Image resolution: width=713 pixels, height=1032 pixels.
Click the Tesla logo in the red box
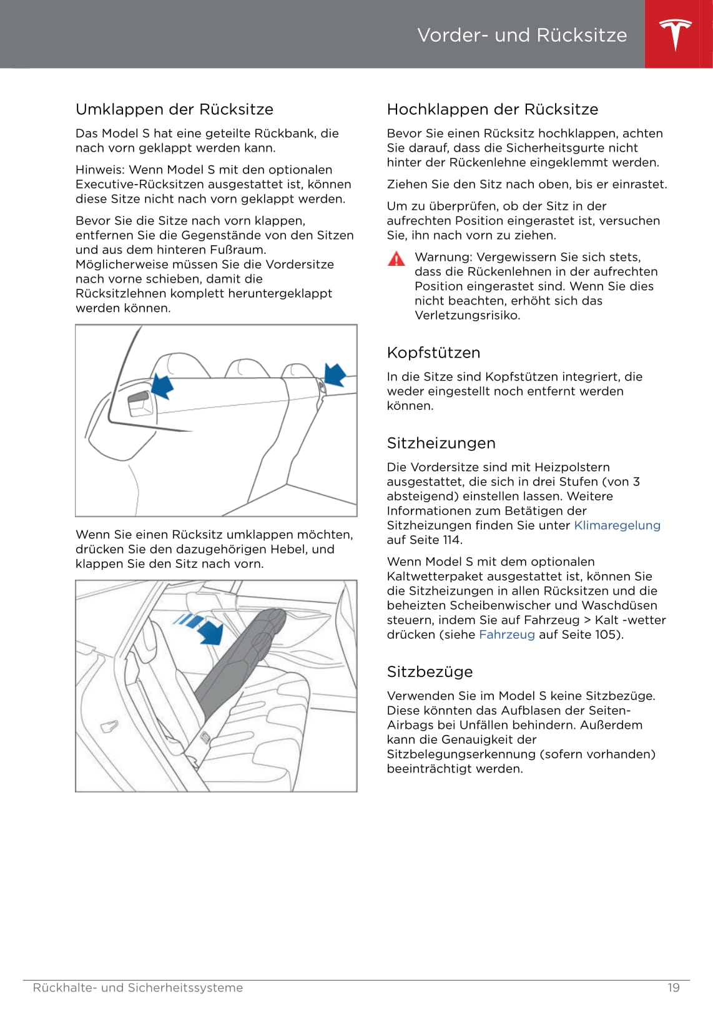click(x=676, y=34)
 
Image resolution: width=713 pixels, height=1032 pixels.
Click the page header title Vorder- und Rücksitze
click(x=522, y=35)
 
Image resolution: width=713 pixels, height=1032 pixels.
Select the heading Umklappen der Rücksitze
click(x=174, y=109)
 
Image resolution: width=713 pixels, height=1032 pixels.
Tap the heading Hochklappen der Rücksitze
click(x=492, y=109)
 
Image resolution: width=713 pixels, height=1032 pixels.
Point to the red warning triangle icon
click(x=396, y=258)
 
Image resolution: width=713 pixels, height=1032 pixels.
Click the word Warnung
click(x=442, y=257)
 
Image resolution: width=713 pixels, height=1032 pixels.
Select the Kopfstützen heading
click(x=433, y=353)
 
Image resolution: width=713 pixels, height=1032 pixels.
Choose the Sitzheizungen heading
click(x=441, y=443)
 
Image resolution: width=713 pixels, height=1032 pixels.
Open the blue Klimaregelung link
click(x=617, y=525)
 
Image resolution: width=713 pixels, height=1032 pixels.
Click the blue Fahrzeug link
click(x=506, y=635)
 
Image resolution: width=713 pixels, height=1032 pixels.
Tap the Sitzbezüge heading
click(x=430, y=672)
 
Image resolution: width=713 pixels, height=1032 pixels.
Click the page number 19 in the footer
click(x=673, y=988)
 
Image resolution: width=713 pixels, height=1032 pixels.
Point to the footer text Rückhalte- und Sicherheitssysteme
click(x=137, y=988)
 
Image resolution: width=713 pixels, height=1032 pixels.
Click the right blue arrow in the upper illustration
click(x=335, y=374)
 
